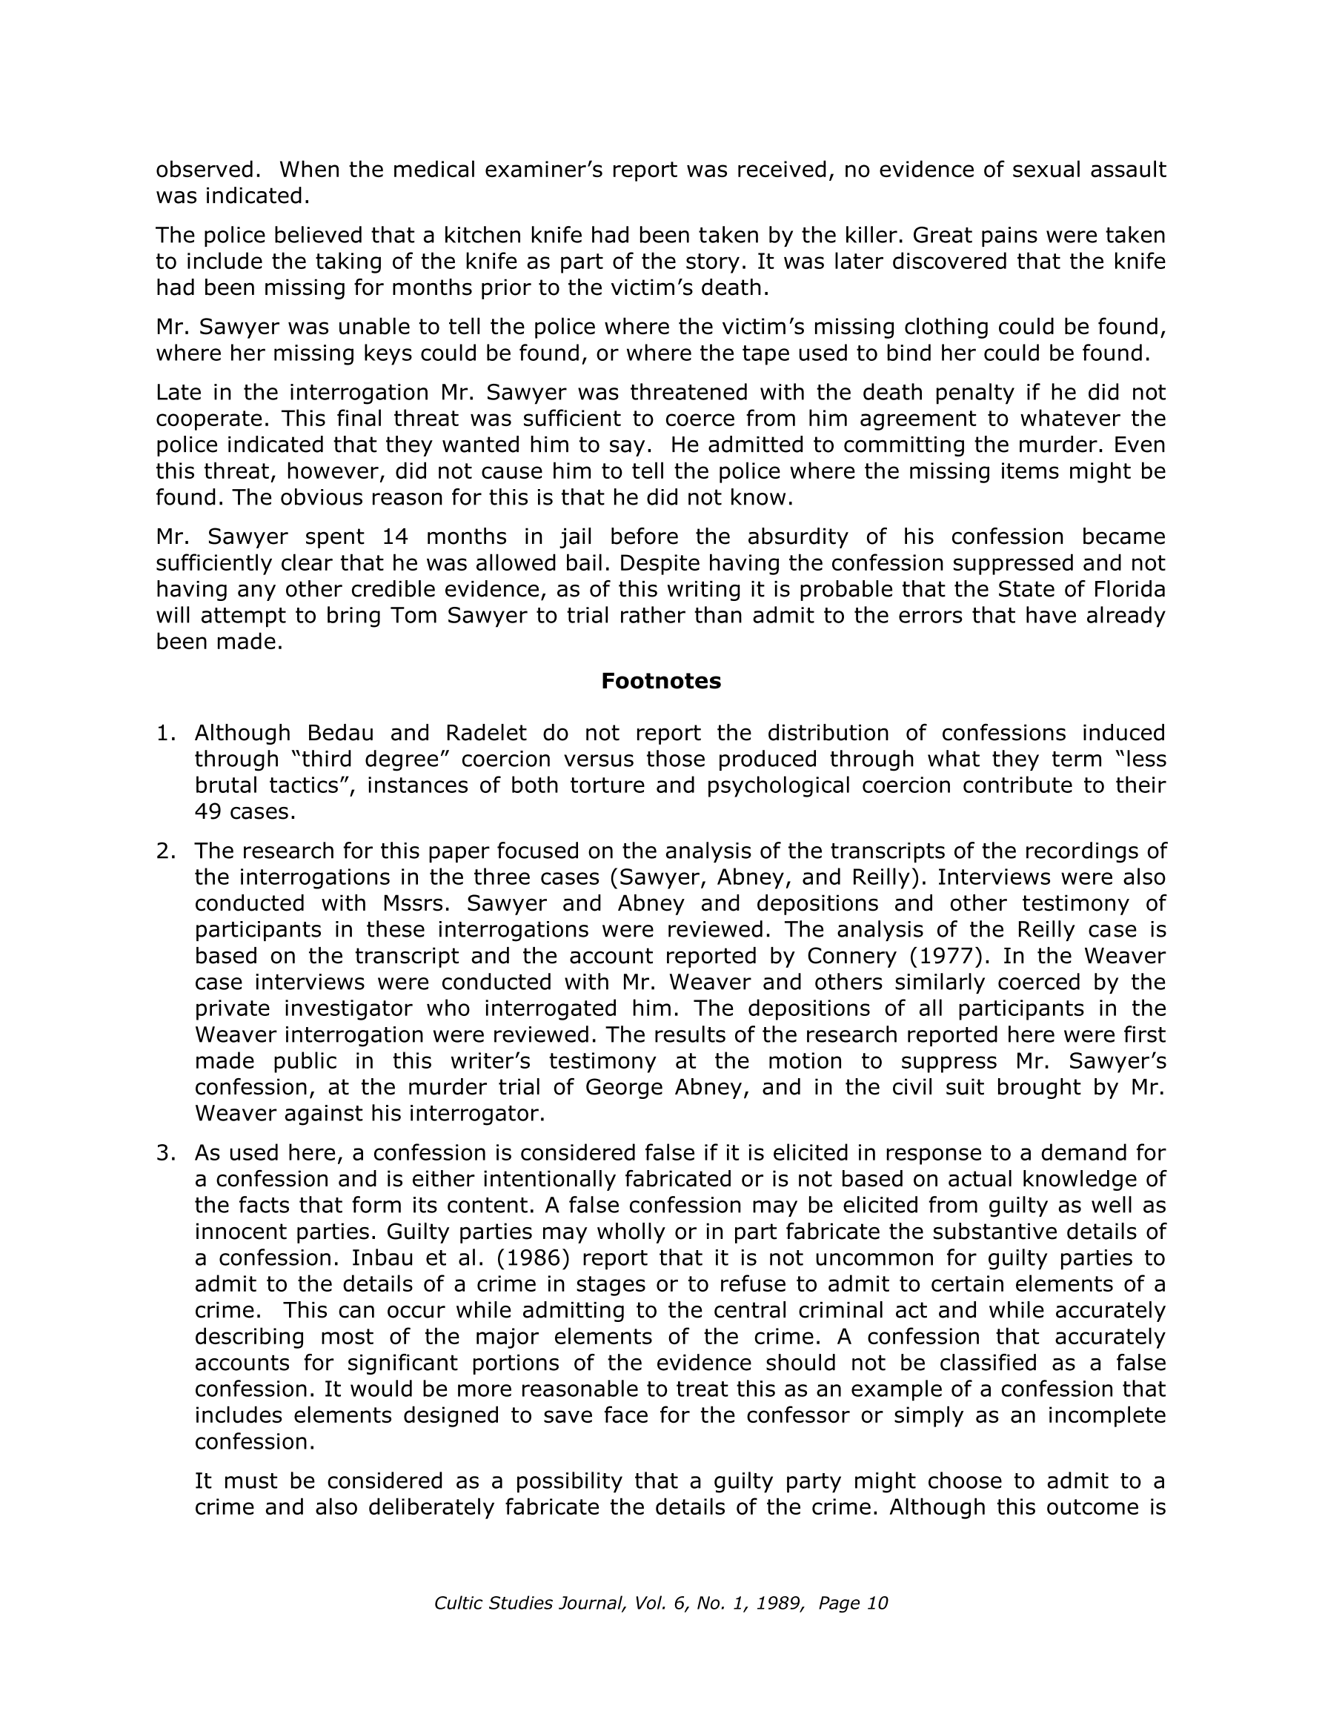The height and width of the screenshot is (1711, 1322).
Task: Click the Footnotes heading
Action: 660,682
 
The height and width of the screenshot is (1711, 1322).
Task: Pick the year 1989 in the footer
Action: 779,1604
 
